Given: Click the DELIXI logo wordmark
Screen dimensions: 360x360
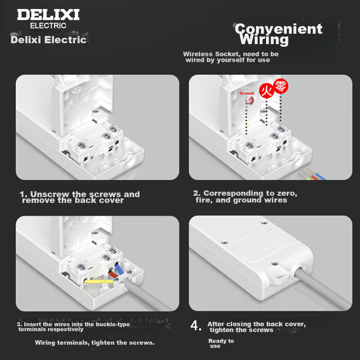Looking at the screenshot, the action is (48, 15).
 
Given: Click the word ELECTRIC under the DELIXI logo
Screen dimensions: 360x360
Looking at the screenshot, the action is (48, 26).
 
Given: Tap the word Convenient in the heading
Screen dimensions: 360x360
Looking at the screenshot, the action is (279, 29).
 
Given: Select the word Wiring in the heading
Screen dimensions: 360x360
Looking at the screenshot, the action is (264, 40).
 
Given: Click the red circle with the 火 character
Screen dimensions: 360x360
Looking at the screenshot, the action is (266, 91).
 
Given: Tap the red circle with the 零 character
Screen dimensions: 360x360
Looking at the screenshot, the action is (280, 86).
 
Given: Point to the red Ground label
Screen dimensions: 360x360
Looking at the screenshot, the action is (247, 93).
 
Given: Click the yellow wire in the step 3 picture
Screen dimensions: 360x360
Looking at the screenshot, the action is (99, 281).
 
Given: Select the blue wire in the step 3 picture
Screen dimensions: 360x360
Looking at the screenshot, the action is (119, 269).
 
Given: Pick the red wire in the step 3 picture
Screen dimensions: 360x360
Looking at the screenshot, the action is (113, 274).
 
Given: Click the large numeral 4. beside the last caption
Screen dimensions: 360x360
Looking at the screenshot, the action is (196, 325).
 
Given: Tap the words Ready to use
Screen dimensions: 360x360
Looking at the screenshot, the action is (221, 343).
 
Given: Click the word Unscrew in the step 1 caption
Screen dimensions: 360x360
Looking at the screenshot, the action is (49, 194).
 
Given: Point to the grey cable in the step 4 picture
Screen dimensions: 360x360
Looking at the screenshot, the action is (321, 288).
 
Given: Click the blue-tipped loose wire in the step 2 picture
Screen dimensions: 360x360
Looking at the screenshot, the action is (317, 174).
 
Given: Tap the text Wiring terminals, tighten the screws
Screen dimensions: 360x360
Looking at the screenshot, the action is (94, 343).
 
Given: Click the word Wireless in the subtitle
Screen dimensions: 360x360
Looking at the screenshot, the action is (198, 54).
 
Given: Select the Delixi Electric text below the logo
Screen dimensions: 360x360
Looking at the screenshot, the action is (49, 40).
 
